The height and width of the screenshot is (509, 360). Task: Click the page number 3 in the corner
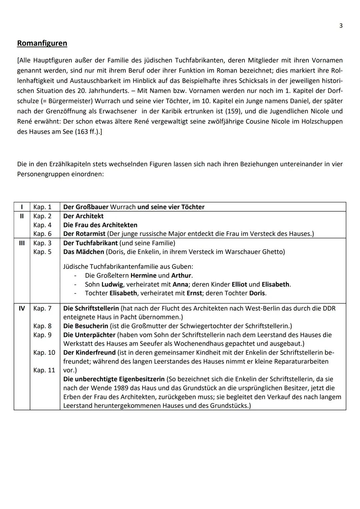[341, 26]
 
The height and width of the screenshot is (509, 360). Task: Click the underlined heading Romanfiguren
[42, 43]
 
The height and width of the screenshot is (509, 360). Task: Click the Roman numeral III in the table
[22, 243]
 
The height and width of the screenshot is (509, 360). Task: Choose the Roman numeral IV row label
[22, 308]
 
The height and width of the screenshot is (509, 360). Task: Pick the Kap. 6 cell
[42, 234]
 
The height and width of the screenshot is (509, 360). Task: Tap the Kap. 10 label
[44, 352]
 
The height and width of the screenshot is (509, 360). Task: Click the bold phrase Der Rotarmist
[84, 234]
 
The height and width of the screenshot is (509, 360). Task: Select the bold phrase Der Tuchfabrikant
[90, 243]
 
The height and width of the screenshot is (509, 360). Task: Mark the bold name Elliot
[239, 285]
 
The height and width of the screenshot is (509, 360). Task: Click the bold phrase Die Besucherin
[86, 326]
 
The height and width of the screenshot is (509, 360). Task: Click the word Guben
[183, 267]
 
